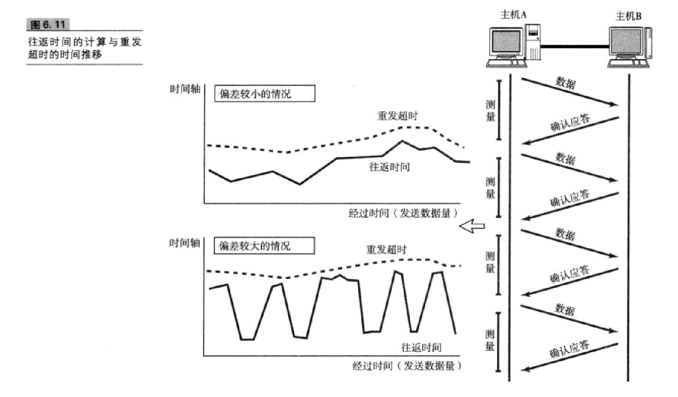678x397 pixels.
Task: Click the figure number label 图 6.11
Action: (x=48, y=25)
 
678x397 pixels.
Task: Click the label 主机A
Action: (x=513, y=15)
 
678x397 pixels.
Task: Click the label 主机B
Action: (x=628, y=17)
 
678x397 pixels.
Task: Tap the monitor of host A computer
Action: (x=505, y=44)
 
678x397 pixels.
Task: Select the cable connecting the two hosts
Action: (x=574, y=46)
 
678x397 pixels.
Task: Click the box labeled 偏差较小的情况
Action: (x=264, y=94)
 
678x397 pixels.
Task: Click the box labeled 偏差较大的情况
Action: (x=264, y=246)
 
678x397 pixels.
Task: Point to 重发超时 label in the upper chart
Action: (x=397, y=116)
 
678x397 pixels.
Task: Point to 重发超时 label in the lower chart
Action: (x=386, y=250)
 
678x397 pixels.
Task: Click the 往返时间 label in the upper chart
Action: (x=389, y=167)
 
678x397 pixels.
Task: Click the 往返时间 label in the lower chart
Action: (x=421, y=347)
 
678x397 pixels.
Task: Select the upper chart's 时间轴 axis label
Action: (x=185, y=89)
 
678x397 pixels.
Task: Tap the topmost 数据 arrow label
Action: (x=566, y=82)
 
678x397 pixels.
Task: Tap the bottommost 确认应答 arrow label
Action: (x=569, y=349)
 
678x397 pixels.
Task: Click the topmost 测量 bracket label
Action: (x=491, y=111)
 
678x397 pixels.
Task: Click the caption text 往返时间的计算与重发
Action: (x=85, y=42)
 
